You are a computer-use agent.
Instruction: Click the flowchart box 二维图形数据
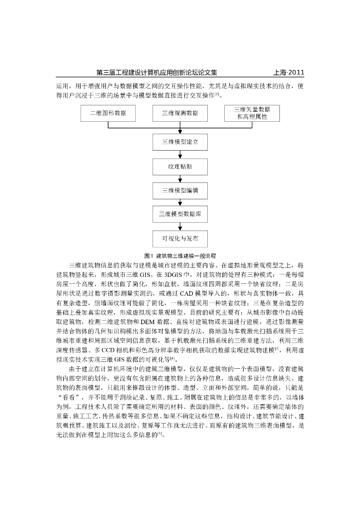(x=108, y=113)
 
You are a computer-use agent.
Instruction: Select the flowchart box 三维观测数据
(x=180, y=113)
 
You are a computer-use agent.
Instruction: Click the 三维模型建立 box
(x=180, y=142)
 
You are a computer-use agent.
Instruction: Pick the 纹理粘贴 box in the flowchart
(x=180, y=167)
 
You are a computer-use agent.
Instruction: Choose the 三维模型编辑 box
(x=180, y=190)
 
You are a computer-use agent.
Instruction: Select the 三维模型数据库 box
(x=180, y=215)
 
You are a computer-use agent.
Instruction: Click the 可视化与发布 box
(x=180, y=239)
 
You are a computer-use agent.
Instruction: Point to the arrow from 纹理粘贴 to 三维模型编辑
(x=180, y=178)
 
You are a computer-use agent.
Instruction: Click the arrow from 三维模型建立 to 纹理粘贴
(x=180, y=155)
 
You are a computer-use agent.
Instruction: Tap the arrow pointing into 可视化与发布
(x=180, y=227)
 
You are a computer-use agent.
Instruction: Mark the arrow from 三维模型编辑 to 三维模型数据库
(x=180, y=203)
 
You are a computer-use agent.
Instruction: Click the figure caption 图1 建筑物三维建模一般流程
(x=180, y=256)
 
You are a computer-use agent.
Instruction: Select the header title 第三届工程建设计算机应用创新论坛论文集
(x=156, y=73)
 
